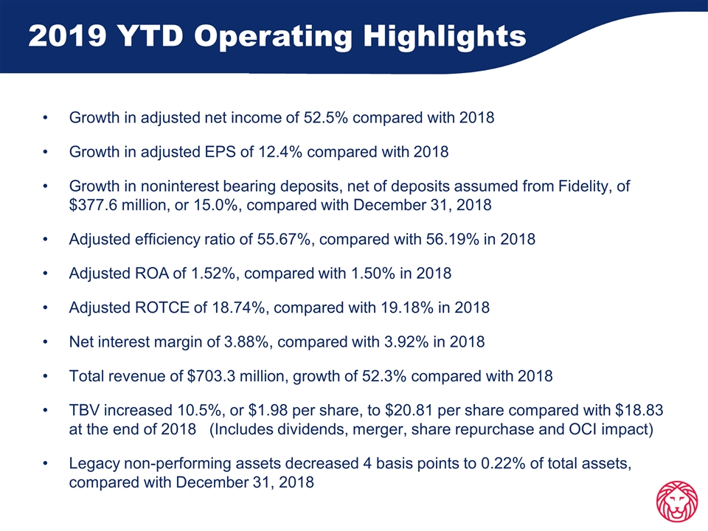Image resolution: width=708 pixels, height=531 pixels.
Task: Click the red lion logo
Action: click(676, 502)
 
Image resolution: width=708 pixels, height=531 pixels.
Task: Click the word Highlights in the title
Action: click(445, 37)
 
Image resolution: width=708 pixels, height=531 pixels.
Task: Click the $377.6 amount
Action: click(93, 205)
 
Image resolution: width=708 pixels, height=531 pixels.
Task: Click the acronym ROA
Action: click(152, 274)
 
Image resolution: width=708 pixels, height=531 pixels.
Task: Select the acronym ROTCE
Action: click(162, 308)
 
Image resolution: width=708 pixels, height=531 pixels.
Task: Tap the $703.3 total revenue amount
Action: click(211, 376)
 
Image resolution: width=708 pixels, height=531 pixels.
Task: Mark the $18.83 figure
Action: click(639, 411)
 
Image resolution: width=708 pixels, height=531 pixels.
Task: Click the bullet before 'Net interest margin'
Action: click(45, 342)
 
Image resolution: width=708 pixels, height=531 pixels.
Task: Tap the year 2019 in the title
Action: click(68, 36)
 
